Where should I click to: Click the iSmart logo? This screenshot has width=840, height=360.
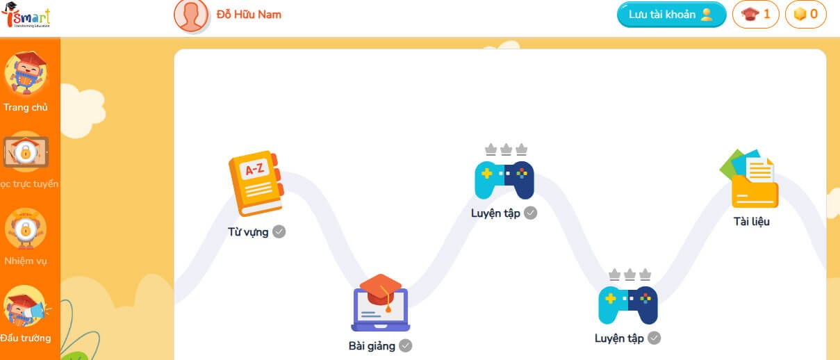pyautogui.click(x=26, y=16)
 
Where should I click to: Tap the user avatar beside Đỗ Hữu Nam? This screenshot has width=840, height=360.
pyautogui.click(x=191, y=15)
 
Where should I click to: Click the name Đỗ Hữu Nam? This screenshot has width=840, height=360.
pyautogui.click(x=249, y=15)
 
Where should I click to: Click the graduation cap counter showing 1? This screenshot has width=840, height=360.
pyautogui.click(x=756, y=15)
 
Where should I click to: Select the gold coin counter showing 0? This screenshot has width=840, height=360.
pyautogui.click(x=805, y=15)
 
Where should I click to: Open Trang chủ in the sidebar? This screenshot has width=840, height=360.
pyautogui.click(x=26, y=108)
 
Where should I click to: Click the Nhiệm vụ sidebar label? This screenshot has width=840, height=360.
pyautogui.click(x=26, y=261)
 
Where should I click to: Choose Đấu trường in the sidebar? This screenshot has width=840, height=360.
pyautogui.click(x=26, y=338)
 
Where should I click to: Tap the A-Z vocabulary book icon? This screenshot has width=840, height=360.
pyautogui.click(x=255, y=183)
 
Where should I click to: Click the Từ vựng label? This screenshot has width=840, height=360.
pyautogui.click(x=248, y=232)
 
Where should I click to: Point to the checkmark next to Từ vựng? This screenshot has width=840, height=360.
pyautogui.click(x=279, y=231)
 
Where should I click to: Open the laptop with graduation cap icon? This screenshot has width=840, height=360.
pyautogui.click(x=380, y=303)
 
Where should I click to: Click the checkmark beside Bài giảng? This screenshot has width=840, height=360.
pyautogui.click(x=405, y=345)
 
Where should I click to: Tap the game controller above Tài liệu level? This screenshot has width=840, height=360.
pyautogui.click(x=504, y=179)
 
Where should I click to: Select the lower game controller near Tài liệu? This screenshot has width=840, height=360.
pyautogui.click(x=628, y=304)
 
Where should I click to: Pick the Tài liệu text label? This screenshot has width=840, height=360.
pyautogui.click(x=752, y=222)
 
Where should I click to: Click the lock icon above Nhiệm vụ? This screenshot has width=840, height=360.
pyautogui.click(x=25, y=229)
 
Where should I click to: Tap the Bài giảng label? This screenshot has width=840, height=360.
pyautogui.click(x=372, y=345)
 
